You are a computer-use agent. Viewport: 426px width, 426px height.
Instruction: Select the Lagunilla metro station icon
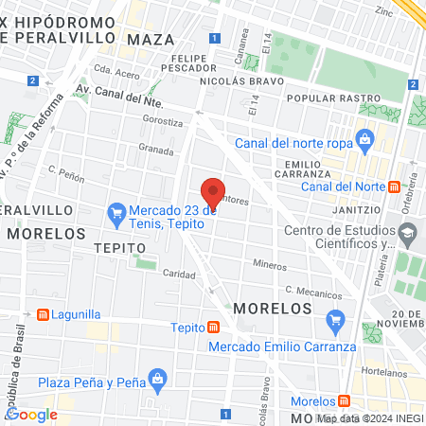[43, 314]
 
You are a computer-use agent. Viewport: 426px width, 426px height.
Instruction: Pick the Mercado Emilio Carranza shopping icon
[333, 321]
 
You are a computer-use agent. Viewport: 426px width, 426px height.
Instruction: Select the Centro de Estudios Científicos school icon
[407, 233]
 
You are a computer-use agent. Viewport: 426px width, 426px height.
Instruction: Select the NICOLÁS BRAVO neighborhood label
[237, 81]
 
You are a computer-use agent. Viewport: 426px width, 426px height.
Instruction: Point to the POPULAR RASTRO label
[326, 98]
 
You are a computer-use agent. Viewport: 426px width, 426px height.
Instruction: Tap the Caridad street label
[178, 274]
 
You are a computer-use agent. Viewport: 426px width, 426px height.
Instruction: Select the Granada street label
[156, 150]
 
